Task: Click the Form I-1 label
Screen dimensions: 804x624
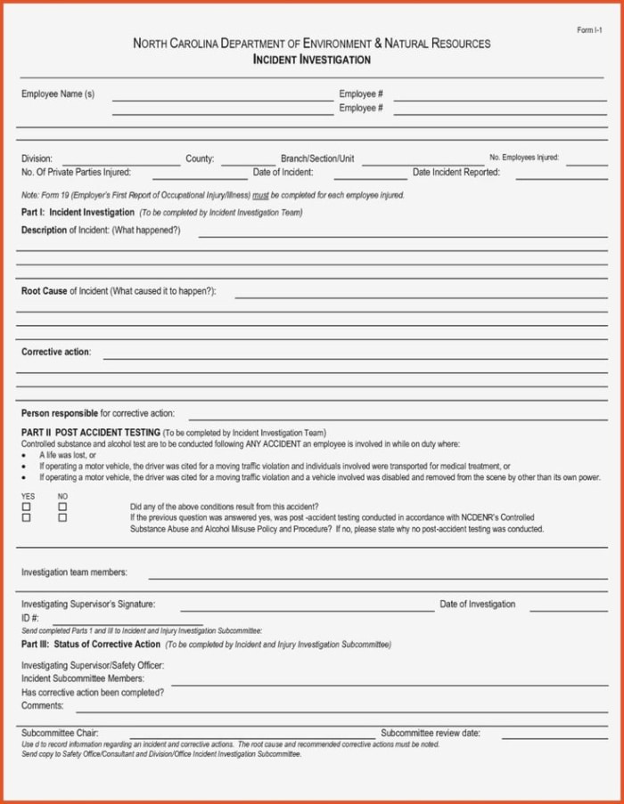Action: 590,31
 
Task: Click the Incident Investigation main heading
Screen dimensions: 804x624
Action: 311,60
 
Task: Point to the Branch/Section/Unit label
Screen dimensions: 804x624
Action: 317,158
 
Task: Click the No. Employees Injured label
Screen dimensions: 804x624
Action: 524,158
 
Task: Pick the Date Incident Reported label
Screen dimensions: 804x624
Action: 456,172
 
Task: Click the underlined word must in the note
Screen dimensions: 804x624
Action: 260,195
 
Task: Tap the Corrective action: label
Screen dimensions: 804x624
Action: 56,352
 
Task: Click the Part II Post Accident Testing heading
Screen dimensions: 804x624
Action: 91,432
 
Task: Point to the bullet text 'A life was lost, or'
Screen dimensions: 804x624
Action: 67,455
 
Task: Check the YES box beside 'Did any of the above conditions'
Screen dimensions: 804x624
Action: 27,507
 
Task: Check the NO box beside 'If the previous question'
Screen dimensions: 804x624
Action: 62,517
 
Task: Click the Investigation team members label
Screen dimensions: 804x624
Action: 74,573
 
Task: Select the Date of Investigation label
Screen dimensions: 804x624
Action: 477,605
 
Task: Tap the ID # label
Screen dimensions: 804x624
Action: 30,618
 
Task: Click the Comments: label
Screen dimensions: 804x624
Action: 43,705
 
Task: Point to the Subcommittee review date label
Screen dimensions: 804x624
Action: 431,734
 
